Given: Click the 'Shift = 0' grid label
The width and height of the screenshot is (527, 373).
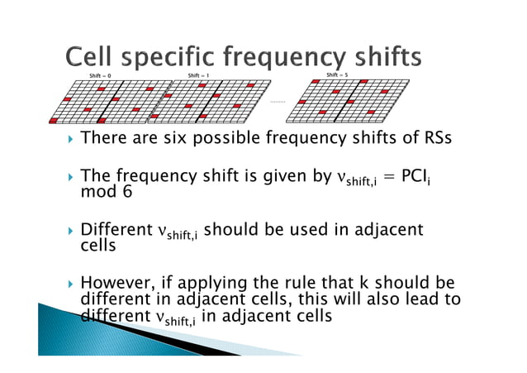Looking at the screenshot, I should tap(100, 75).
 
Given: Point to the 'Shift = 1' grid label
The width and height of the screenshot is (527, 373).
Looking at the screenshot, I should tap(198, 75).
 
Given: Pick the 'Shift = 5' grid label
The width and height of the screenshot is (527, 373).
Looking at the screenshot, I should tap(337, 75).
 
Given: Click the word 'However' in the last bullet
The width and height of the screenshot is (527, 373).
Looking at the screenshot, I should tap(116, 285).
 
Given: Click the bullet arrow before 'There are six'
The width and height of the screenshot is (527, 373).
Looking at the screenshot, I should tap(72, 139).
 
